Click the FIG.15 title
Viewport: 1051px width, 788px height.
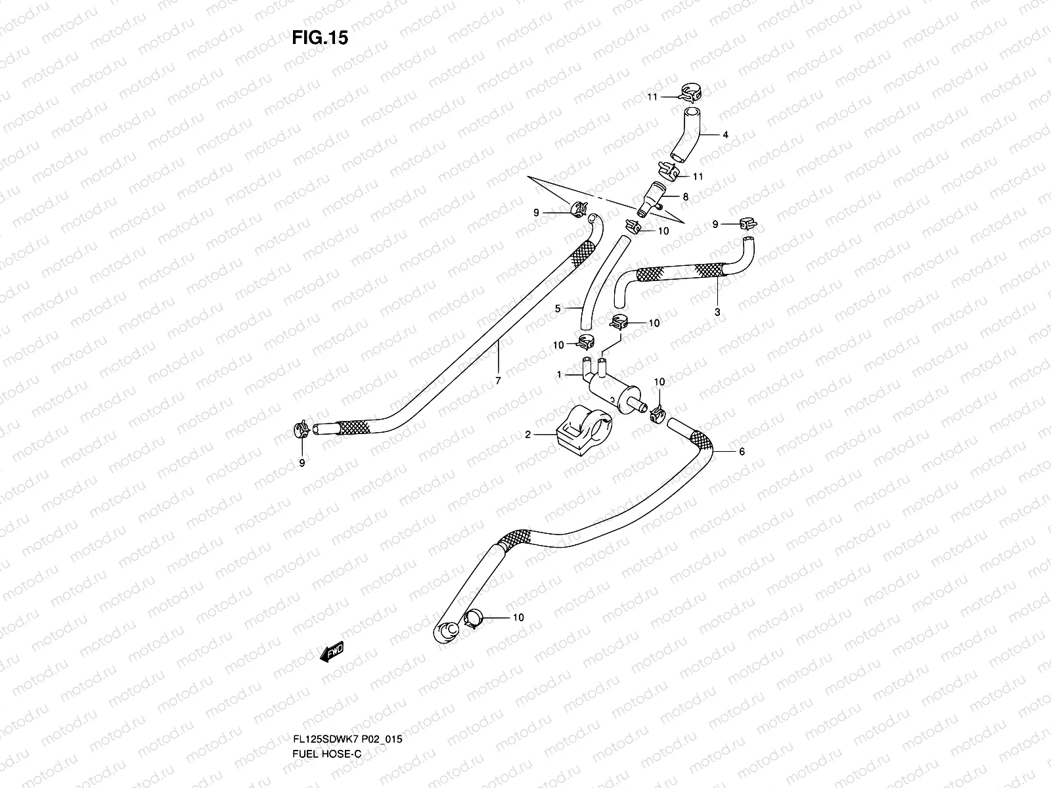[320, 38]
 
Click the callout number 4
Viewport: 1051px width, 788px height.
[725, 135]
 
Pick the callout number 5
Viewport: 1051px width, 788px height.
[558, 307]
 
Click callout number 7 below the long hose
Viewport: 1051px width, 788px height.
[498, 381]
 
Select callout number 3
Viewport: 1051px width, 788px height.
[717, 313]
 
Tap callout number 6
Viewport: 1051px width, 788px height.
[742, 452]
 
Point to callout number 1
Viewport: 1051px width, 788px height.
[559, 375]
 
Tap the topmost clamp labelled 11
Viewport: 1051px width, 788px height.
[690, 92]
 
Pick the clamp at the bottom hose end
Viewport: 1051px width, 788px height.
[474, 618]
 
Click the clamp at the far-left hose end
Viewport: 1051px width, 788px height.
[302, 431]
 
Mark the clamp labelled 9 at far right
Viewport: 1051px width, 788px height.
[746, 224]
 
